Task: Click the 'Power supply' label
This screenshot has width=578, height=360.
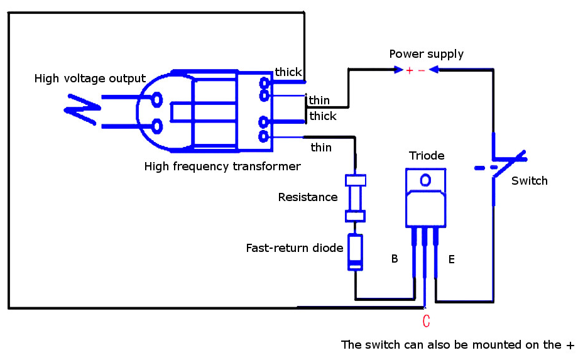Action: [x=427, y=54]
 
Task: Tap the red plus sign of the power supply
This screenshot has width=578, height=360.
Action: [x=410, y=70]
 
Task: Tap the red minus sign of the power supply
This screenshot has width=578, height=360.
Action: [x=422, y=70]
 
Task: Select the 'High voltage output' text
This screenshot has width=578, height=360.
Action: [x=90, y=79]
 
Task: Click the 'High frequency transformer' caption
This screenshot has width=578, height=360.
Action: [x=222, y=166]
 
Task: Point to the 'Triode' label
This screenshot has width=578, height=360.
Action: [x=427, y=156]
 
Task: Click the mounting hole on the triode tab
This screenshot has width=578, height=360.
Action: [x=426, y=180]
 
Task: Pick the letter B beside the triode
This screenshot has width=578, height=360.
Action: [x=395, y=258]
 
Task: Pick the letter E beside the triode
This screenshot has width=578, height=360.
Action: [x=451, y=258]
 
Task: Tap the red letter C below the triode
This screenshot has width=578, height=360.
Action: [x=426, y=322]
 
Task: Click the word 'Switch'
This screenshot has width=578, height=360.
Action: [x=530, y=181]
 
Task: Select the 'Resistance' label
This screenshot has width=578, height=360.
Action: [x=308, y=197]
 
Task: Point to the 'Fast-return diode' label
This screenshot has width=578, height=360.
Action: [x=295, y=248]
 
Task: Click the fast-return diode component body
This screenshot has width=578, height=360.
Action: [x=356, y=252]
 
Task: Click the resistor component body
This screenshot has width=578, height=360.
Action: [x=356, y=199]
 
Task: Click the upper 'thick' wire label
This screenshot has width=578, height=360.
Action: [x=288, y=73]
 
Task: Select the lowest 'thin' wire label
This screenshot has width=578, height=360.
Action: [x=321, y=148]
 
